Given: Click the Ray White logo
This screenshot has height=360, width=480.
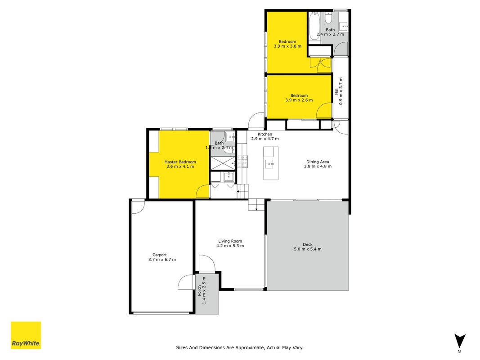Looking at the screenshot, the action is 26,335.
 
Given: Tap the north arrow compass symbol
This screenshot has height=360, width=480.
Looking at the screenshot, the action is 459,342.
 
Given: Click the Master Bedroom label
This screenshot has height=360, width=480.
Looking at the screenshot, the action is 180,162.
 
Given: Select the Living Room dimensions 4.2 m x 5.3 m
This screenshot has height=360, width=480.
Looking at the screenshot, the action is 230,246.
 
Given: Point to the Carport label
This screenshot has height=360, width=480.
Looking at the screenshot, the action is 160,255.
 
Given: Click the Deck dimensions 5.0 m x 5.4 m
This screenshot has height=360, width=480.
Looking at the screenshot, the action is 308,249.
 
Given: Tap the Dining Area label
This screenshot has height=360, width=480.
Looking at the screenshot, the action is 318,162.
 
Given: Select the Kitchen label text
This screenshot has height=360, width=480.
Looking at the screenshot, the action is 265,134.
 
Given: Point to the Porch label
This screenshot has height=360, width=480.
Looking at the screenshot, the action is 199,291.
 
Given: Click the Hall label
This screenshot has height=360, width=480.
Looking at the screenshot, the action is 336,91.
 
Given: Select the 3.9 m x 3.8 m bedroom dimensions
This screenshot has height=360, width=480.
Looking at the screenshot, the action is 287,46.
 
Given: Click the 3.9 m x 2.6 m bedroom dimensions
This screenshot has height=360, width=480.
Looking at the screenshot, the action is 299,100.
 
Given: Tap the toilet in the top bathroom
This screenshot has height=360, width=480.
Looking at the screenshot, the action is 328,18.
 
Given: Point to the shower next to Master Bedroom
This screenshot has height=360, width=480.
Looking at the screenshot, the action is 223,163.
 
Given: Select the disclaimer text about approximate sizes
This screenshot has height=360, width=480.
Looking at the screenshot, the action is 240,347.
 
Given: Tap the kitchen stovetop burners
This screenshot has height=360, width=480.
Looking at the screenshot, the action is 245,162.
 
